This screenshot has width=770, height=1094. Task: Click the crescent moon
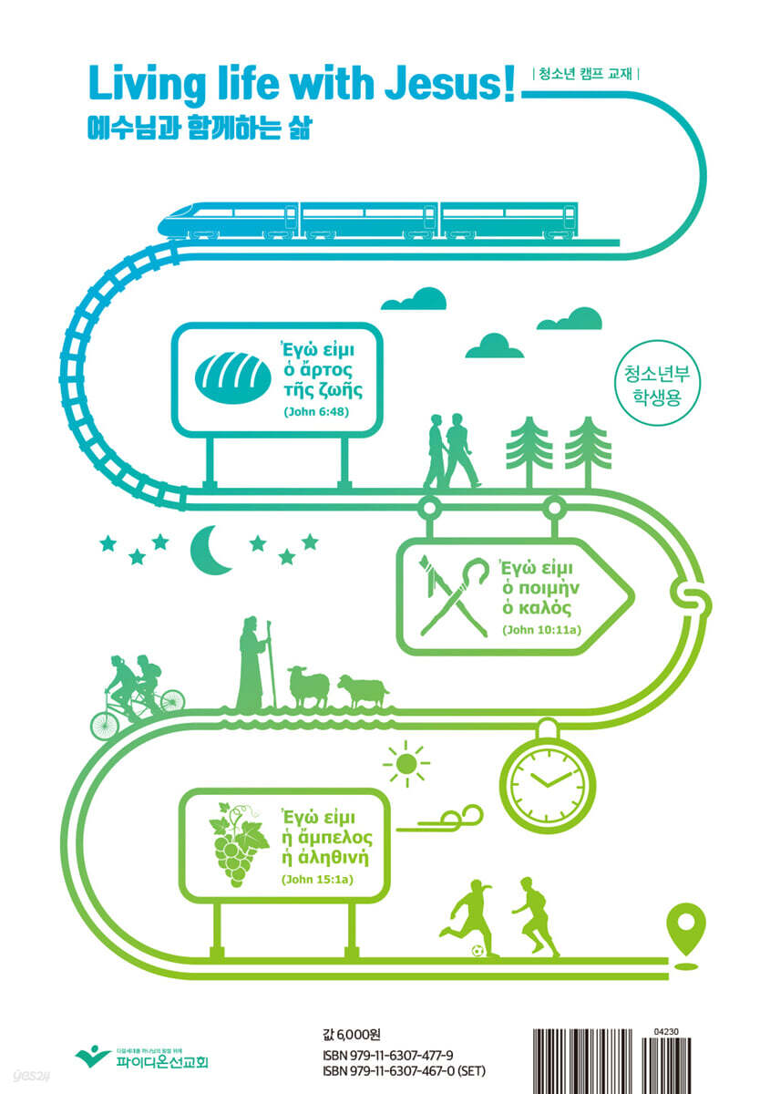[x=210, y=550]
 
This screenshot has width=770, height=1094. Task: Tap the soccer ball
[x=478, y=951]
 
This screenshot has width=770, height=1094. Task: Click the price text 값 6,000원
[x=351, y=1033]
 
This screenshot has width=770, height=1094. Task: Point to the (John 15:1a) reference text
[x=315, y=880]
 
